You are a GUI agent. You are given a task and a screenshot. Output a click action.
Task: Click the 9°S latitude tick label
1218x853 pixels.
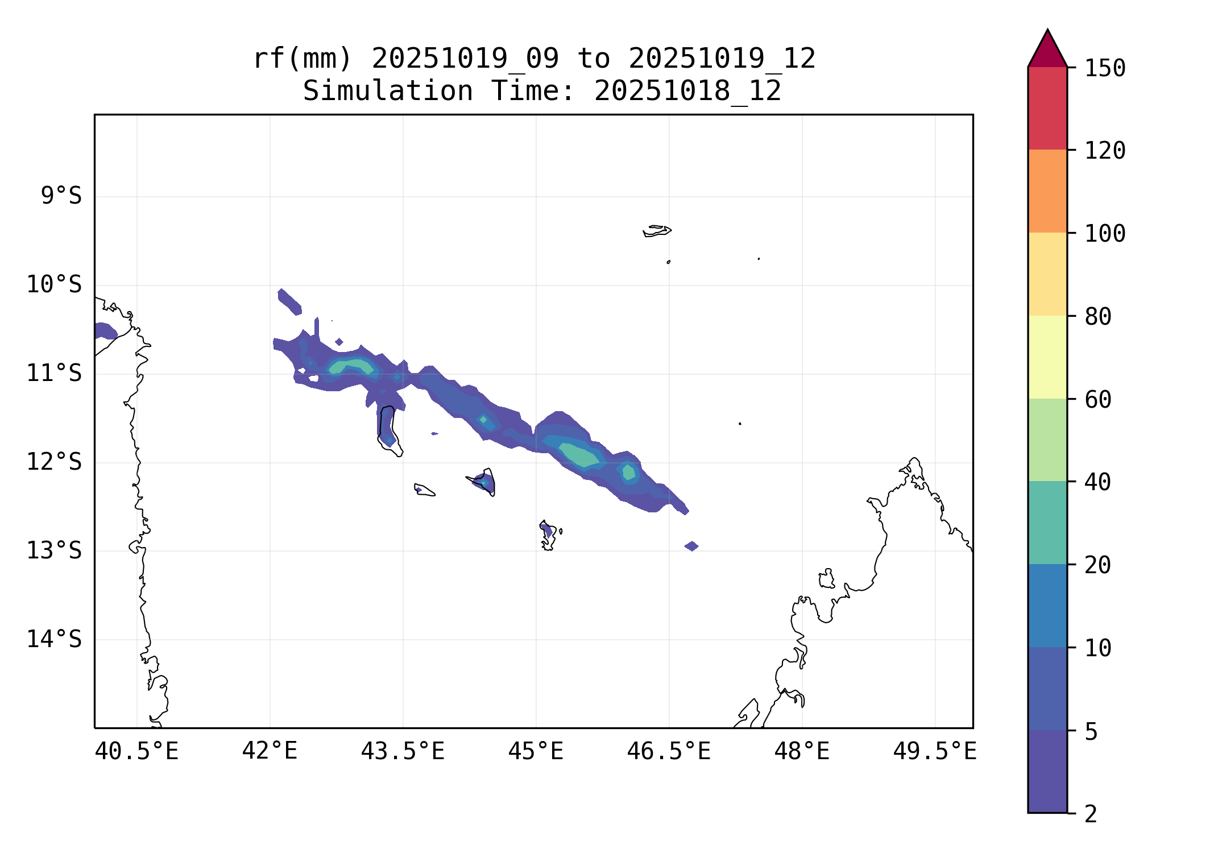pyautogui.click(x=61, y=196)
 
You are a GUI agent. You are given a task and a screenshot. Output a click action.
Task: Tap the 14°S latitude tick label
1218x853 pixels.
pyautogui.click(x=54, y=639)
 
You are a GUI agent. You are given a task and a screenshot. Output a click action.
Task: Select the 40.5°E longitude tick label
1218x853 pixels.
pyautogui.click(x=136, y=751)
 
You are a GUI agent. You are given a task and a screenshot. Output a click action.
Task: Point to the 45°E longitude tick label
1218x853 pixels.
pyautogui.click(x=536, y=751)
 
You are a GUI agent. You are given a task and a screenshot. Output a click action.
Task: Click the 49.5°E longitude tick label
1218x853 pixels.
pyautogui.click(x=935, y=751)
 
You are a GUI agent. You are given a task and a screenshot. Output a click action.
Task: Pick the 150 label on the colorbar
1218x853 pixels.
pyautogui.click(x=1105, y=68)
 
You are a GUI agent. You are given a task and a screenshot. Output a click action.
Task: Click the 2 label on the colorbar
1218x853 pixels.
pyautogui.click(x=1091, y=814)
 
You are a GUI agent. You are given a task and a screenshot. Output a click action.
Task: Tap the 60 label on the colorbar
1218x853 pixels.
pyautogui.click(x=1098, y=400)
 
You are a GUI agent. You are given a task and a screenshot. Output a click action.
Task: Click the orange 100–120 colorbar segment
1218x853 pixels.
pyautogui.click(x=1047, y=191)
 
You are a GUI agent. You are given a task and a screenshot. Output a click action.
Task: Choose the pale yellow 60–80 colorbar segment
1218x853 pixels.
pyautogui.click(x=1047, y=357)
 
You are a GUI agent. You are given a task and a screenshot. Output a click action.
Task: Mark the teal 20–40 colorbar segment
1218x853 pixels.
pyautogui.click(x=1047, y=523)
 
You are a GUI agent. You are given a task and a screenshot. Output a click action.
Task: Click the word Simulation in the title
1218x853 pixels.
pyautogui.click(x=387, y=91)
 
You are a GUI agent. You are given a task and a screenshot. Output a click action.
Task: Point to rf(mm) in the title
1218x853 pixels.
pyautogui.click(x=303, y=59)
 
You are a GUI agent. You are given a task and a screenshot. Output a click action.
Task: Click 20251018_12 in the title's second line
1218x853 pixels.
pyautogui.click(x=687, y=91)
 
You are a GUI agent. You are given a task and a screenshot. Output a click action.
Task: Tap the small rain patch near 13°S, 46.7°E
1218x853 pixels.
pyautogui.click(x=691, y=546)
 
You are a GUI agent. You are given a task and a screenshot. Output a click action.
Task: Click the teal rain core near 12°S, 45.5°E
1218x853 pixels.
pyautogui.click(x=579, y=454)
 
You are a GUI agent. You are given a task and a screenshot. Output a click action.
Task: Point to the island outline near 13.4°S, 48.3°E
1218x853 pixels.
pyautogui.click(x=827, y=579)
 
